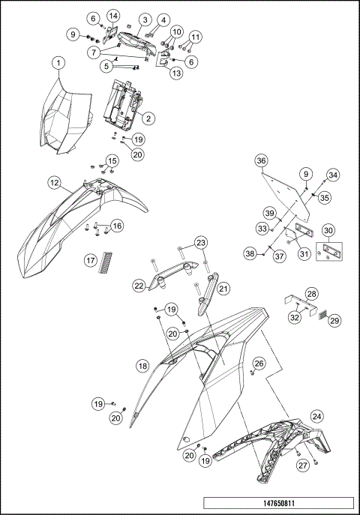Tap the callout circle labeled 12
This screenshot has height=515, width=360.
[x=55, y=182]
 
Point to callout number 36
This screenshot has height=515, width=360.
[x=261, y=160]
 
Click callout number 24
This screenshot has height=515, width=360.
[x=318, y=415]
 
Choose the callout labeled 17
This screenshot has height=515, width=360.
[x=90, y=261]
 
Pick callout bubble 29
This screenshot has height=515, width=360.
[x=334, y=320]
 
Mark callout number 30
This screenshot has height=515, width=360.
[x=328, y=231]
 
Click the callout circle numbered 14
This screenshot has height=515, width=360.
[x=112, y=16]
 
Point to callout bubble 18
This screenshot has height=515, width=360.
[x=142, y=366]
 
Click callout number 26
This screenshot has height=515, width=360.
[x=259, y=364]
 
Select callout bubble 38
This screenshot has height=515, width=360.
[x=249, y=254]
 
